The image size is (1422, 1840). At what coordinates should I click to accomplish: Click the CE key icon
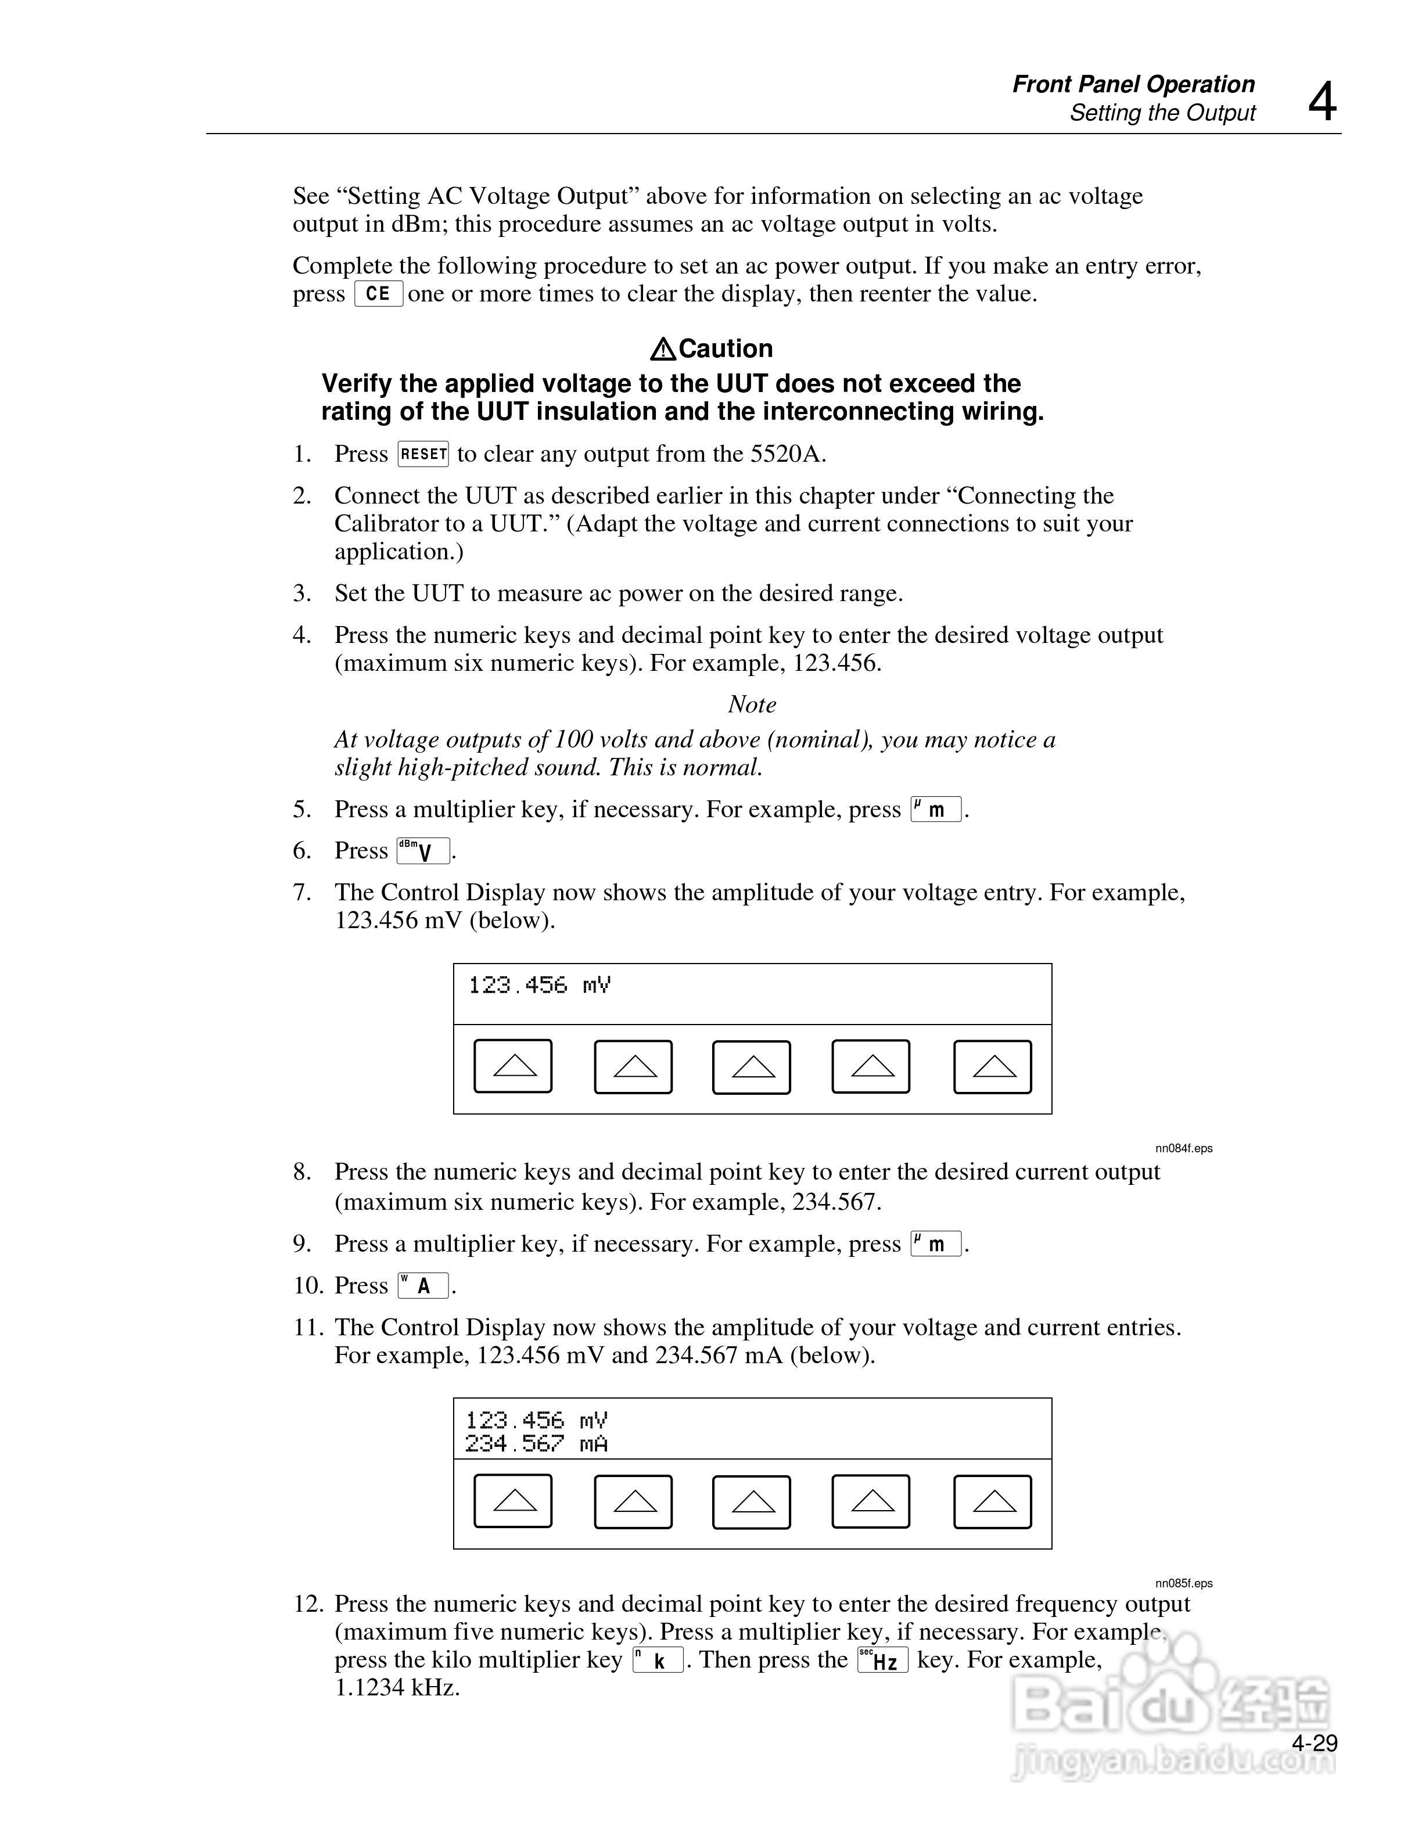pyautogui.click(x=378, y=294)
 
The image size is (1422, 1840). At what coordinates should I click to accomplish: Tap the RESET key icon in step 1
pyautogui.click(x=423, y=454)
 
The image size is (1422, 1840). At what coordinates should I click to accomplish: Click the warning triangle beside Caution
pyautogui.click(x=663, y=349)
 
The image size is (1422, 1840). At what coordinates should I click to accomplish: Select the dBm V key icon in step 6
pyautogui.click(x=423, y=851)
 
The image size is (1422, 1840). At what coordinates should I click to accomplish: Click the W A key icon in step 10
pyautogui.click(x=423, y=1286)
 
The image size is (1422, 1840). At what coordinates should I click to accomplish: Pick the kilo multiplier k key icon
pyautogui.click(x=658, y=1661)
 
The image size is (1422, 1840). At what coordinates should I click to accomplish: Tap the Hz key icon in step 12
pyautogui.click(x=883, y=1661)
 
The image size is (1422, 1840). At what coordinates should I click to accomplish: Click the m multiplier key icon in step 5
pyautogui.click(x=936, y=810)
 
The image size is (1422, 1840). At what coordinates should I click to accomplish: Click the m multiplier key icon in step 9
pyautogui.click(x=936, y=1244)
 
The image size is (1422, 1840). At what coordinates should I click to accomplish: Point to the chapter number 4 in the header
pyautogui.click(x=1322, y=103)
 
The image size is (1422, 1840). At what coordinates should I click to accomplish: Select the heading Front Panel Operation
pyautogui.click(x=1133, y=84)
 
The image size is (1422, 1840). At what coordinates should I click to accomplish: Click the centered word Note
pyautogui.click(x=752, y=705)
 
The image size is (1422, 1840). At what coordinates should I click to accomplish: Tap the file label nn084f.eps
pyautogui.click(x=1184, y=1148)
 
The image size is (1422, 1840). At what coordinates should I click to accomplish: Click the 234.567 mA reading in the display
pyautogui.click(x=537, y=1444)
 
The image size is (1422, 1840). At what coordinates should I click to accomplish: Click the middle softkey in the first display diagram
pyautogui.click(x=752, y=1068)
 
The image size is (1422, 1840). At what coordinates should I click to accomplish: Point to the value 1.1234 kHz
pyautogui.click(x=397, y=1687)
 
